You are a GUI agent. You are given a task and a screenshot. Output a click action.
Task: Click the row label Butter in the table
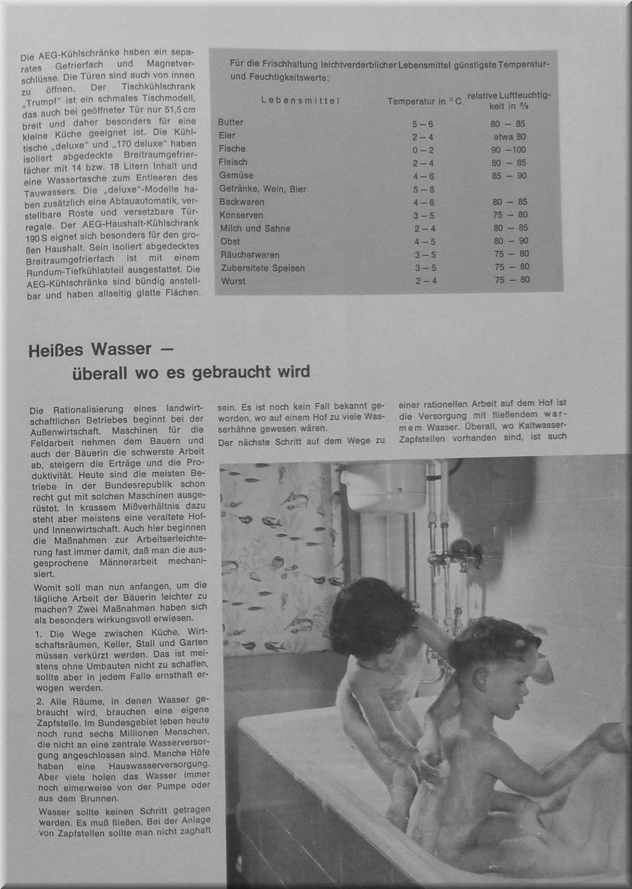point(230,122)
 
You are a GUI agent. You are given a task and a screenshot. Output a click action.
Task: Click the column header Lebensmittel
point(300,100)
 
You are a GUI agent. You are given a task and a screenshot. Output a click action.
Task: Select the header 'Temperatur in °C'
point(424,101)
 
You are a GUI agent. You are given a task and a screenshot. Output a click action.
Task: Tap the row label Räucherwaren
point(249,254)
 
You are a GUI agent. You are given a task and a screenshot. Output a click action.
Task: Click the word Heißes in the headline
point(56,350)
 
